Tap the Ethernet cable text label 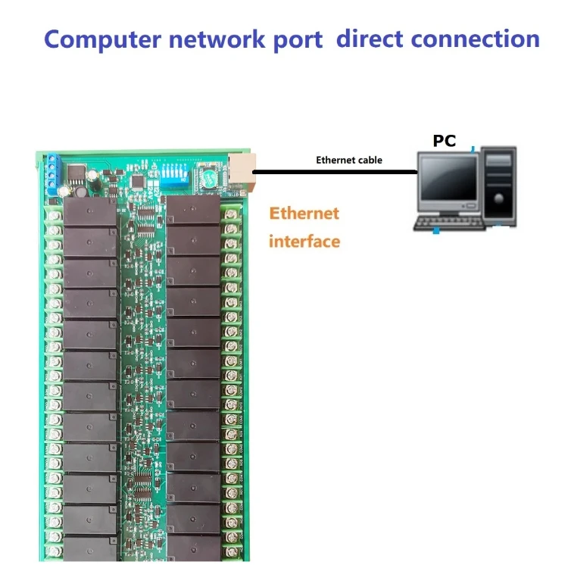click(349, 160)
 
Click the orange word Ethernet click(304, 214)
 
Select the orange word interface click(304, 242)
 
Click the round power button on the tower click(499, 200)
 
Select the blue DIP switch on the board click(176, 173)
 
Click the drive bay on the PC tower click(499, 162)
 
